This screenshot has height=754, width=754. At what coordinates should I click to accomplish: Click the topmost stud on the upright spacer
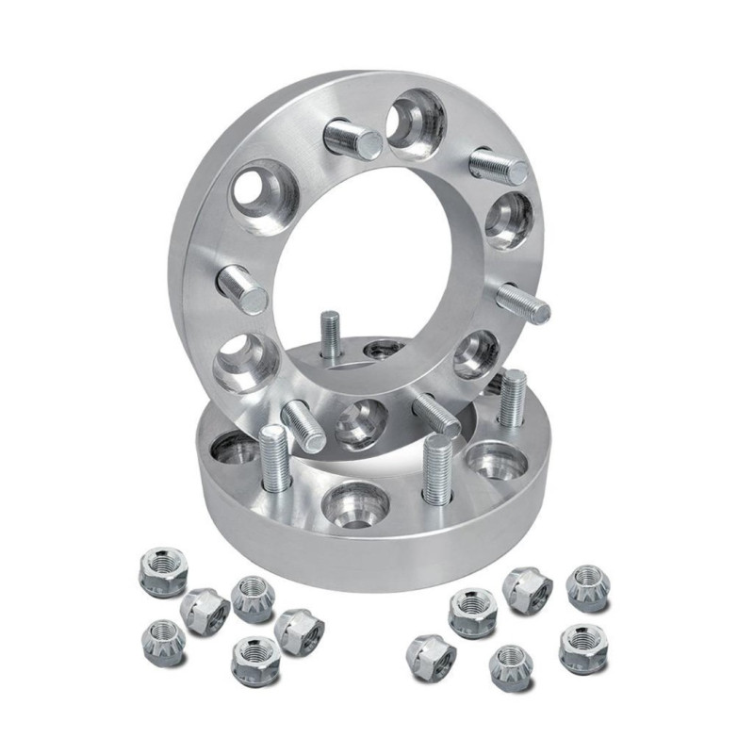click(x=352, y=140)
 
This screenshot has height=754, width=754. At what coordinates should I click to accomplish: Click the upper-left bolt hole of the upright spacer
click(x=263, y=197)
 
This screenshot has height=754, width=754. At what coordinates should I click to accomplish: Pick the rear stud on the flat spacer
click(x=329, y=335)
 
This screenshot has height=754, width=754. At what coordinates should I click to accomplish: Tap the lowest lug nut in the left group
click(x=254, y=659)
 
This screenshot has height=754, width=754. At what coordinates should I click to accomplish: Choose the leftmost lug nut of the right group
click(x=430, y=655)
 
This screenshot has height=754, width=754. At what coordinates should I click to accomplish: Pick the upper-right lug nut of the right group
click(x=587, y=587)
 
